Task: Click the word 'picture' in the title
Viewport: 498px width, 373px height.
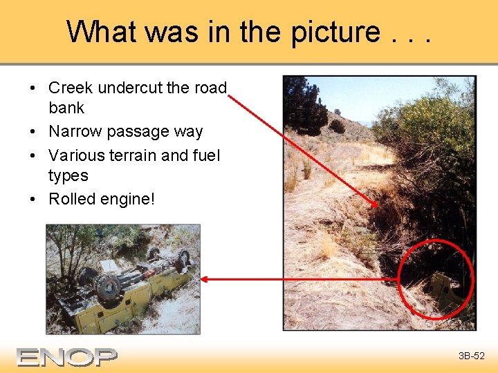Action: pyautogui.click(x=335, y=31)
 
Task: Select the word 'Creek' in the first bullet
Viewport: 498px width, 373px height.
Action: pyautogui.click(x=71, y=88)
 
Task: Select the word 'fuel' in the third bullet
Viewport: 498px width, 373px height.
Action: pyautogui.click(x=205, y=155)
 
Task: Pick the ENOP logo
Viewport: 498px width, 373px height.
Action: pyautogui.click(x=67, y=356)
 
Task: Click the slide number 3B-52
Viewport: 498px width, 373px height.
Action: pyautogui.click(x=471, y=356)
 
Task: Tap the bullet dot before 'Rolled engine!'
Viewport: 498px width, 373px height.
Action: pyautogui.click(x=33, y=200)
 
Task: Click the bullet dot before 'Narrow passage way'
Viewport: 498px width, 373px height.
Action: pyautogui.click(x=33, y=132)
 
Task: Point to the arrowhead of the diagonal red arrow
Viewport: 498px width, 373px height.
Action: pyautogui.click(x=376, y=205)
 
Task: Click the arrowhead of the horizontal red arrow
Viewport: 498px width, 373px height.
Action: pyautogui.click(x=203, y=279)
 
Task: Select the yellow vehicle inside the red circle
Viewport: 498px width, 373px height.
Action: pyautogui.click(x=443, y=290)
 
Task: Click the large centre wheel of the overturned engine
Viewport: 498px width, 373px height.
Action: pyautogui.click(x=109, y=286)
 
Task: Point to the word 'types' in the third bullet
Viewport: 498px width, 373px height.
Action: pyautogui.click(x=68, y=175)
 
